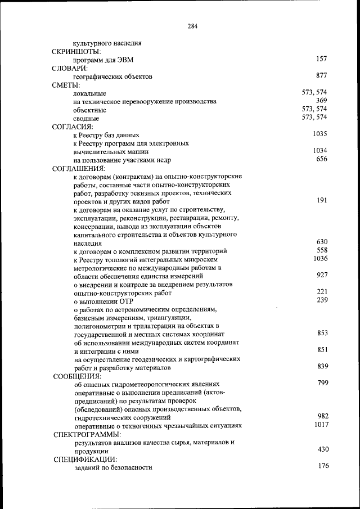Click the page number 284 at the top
tap(192, 26)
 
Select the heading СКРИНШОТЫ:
tap(76, 51)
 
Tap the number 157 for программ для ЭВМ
tap(321, 58)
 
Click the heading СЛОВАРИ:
tap(70, 68)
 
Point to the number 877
tap(321, 75)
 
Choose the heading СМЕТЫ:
tap(66, 85)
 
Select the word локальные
tap(90, 93)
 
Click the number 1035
tap(319, 134)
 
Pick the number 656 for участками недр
tap(321, 159)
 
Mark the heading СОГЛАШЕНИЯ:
tap(78, 168)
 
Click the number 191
tap(321, 200)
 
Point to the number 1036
tap(319, 258)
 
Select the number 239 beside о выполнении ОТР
tap(321, 300)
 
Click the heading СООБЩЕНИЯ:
tap(77, 376)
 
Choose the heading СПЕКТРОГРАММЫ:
tap(87, 435)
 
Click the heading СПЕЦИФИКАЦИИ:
tap(85, 460)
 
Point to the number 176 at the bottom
tap(322, 466)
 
